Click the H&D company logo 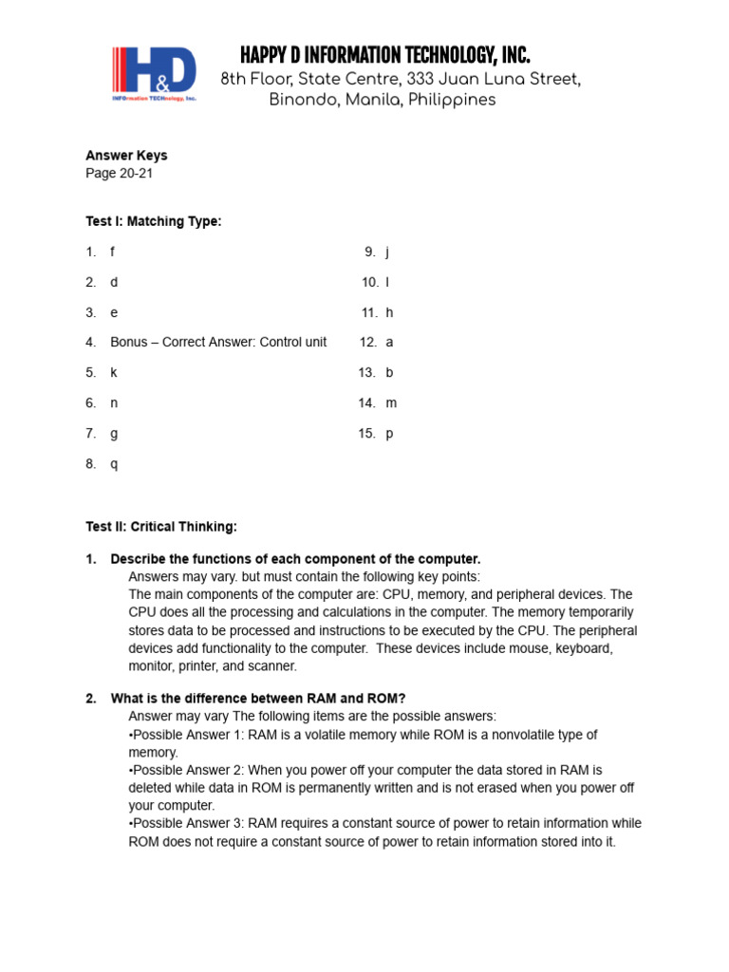click(x=155, y=75)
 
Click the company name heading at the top click(x=384, y=54)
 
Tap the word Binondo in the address click(x=300, y=101)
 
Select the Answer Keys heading click(x=126, y=156)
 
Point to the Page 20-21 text click(x=119, y=174)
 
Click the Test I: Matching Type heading click(x=153, y=221)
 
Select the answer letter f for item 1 click(x=112, y=252)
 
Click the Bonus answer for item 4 click(x=218, y=342)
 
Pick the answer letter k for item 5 click(x=113, y=372)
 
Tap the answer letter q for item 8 click(x=114, y=464)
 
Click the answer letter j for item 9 click(x=387, y=252)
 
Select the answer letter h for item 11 click(x=388, y=312)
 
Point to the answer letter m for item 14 click(x=390, y=402)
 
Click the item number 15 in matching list click(x=367, y=434)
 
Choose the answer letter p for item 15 click(x=388, y=434)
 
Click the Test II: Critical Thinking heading click(x=161, y=526)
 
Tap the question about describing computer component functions click(x=295, y=559)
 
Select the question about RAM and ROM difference click(x=257, y=699)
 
